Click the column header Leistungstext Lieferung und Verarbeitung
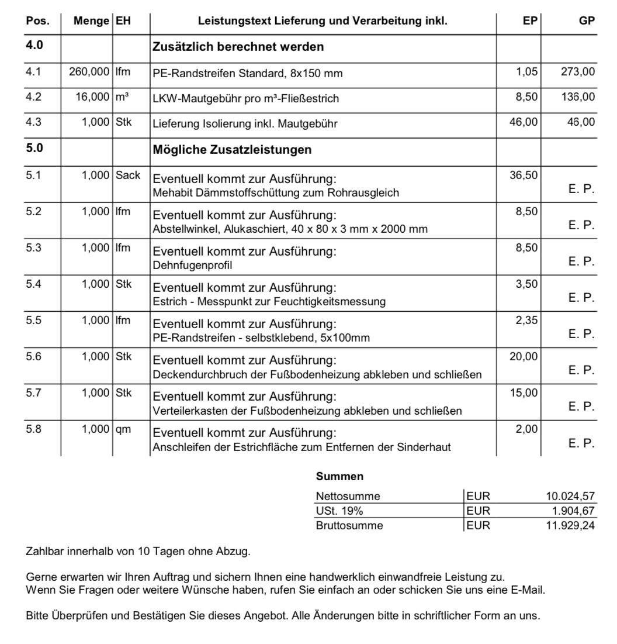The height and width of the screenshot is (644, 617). click(323, 21)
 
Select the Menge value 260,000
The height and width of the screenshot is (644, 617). click(89, 72)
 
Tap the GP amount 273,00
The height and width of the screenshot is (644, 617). click(577, 72)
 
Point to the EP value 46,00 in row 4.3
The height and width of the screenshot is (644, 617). click(524, 122)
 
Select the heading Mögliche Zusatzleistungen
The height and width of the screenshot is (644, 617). click(232, 149)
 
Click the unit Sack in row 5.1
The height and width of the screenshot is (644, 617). click(128, 175)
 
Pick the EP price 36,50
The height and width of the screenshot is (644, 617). click(524, 175)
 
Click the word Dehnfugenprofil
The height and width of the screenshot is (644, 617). click(192, 266)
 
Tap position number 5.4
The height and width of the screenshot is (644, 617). click(34, 284)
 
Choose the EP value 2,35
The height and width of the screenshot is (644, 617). click(526, 320)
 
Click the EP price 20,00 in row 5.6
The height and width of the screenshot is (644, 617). click(524, 356)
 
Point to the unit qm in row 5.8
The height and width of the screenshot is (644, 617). click(123, 429)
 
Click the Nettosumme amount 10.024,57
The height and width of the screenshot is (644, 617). click(570, 497)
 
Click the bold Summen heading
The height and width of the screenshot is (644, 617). click(339, 477)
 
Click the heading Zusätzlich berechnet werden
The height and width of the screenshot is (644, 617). click(238, 46)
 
